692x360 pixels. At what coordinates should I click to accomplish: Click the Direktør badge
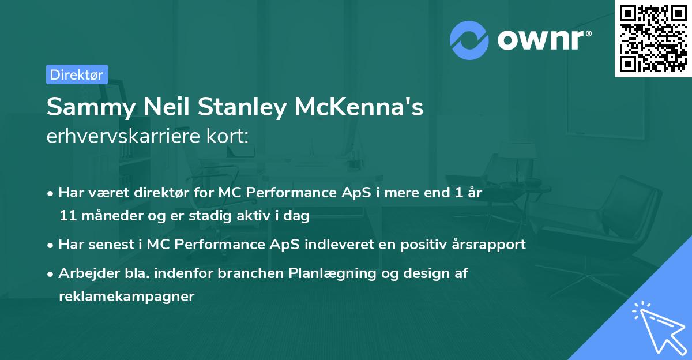click(77, 74)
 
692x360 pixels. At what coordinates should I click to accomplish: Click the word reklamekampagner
click(126, 297)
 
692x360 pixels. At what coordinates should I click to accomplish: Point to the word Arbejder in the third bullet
click(83, 273)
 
